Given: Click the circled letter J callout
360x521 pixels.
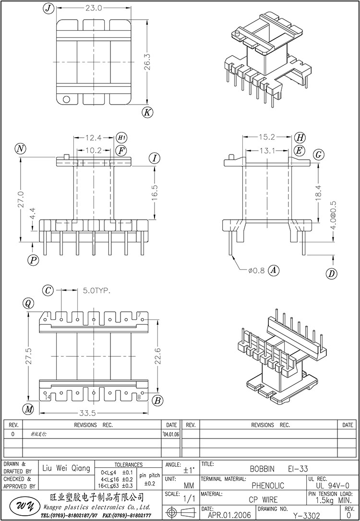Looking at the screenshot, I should pyautogui.click(x=47, y=8).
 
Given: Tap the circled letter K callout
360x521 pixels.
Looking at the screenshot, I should pyautogui.click(x=147, y=112).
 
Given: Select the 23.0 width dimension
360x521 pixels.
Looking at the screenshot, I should pyautogui.click(x=94, y=8).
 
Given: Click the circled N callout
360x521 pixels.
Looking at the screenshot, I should pyautogui.click(x=20, y=149).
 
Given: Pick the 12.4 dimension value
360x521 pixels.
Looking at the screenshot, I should pyautogui.click(x=94, y=138).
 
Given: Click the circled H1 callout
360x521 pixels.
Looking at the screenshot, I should pyautogui.click(x=121, y=138).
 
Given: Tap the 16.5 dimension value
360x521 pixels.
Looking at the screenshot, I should pyautogui.click(x=155, y=193).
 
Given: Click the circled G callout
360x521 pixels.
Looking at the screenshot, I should pyautogui.click(x=317, y=154).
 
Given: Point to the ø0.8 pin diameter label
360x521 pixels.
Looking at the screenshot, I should pyautogui.click(x=256, y=271).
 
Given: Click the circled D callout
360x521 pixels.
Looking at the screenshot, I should pyautogui.click(x=331, y=274).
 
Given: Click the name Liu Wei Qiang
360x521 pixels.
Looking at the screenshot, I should pyautogui.click(x=66, y=468).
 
